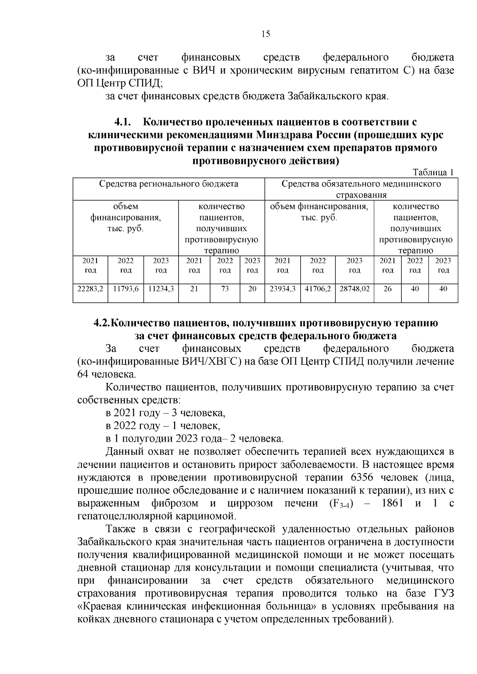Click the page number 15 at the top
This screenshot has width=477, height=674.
[x=266, y=34]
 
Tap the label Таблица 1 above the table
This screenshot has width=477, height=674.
[x=433, y=172]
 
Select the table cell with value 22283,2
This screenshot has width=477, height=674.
[x=90, y=289]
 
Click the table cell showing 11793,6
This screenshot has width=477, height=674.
[x=126, y=289]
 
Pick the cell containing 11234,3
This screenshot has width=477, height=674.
[x=161, y=289]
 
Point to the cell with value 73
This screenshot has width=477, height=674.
[x=225, y=289]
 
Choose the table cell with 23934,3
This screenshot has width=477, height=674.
[x=282, y=289]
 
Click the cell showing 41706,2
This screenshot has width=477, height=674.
[x=318, y=289]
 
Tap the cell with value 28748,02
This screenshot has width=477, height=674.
[x=355, y=289]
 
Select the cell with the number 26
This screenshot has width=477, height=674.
[x=388, y=289]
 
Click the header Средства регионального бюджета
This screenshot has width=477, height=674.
[x=169, y=184]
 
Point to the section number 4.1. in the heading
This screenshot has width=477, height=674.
[x=123, y=122]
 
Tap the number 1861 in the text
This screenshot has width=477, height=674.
[x=392, y=504]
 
